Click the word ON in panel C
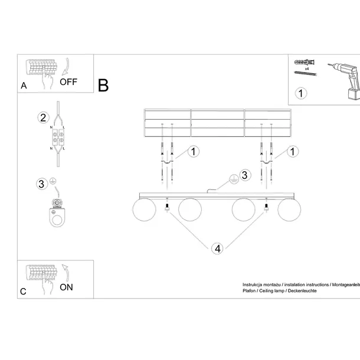click(x=66, y=287)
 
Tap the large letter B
click(x=103, y=86)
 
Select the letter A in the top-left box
click(x=24, y=86)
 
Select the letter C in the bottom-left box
click(x=23, y=291)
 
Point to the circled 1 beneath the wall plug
click(x=301, y=93)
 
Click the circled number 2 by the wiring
click(x=42, y=117)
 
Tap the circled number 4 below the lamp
click(x=217, y=248)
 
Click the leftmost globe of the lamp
click(x=142, y=210)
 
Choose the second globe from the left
click(x=190, y=210)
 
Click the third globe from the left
click(x=243, y=210)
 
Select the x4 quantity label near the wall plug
click(x=307, y=69)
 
